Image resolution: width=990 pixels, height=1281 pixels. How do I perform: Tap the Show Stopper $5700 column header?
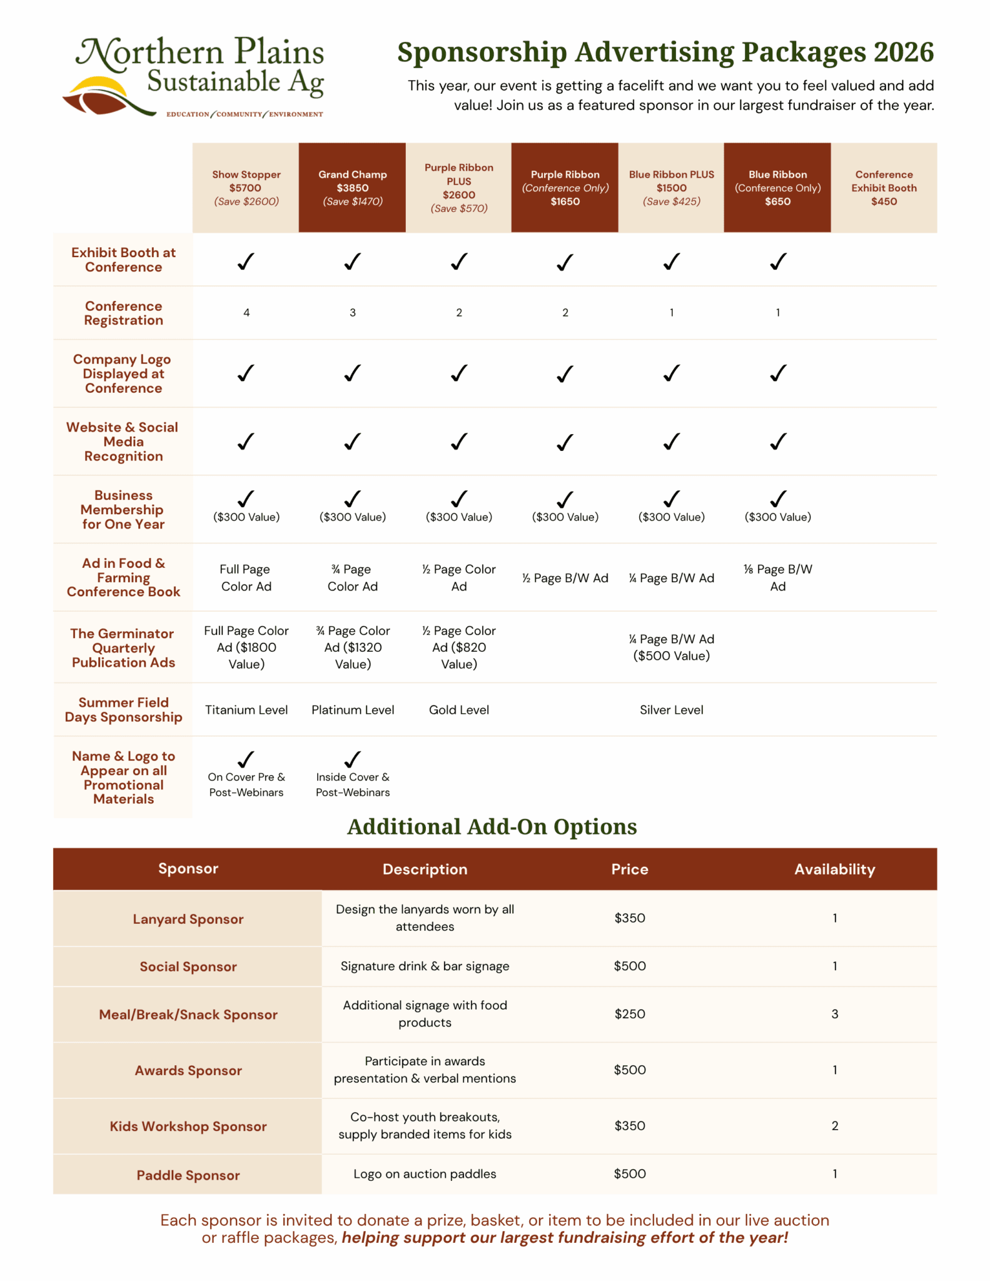[x=246, y=188]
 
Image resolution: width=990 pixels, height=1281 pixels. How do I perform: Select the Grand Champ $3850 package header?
[x=352, y=188]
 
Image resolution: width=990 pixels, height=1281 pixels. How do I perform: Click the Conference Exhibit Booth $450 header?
[x=884, y=188]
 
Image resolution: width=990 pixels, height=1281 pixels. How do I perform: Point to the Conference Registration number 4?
[x=246, y=313]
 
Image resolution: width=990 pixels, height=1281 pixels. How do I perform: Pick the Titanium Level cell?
[x=246, y=710]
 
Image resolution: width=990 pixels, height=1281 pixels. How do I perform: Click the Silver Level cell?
[x=671, y=710]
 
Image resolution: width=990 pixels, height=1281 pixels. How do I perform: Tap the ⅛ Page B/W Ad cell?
[x=777, y=577]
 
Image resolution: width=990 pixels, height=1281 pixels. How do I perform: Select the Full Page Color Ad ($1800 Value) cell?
[x=246, y=647]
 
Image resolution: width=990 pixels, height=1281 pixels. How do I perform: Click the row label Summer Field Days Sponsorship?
[x=123, y=710]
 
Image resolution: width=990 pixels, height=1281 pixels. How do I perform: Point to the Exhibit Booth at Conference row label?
[x=123, y=260]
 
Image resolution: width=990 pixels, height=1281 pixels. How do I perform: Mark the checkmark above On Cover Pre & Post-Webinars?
[x=246, y=759]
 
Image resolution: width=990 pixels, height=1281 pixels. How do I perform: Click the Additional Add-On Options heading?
[x=492, y=827]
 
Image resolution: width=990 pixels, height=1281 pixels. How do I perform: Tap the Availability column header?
[x=834, y=869]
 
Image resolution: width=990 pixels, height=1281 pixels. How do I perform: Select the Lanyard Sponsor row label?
[x=188, y=919]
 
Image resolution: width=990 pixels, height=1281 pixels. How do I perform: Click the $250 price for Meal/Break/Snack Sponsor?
[x=629, y=1014]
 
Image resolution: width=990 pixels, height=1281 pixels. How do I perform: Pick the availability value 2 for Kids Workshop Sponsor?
[x=834, y=1126]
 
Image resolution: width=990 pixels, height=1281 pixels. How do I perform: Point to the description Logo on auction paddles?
[x=425, y=1174]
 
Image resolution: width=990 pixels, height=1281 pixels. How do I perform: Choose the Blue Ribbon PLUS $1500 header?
[x=671, y=188]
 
